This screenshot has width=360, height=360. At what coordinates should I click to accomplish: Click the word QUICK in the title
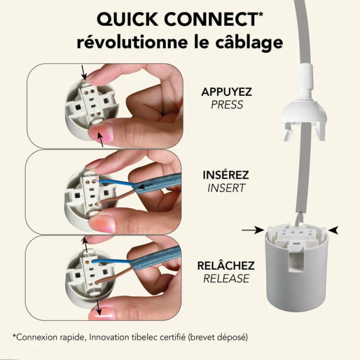tap(128, 20)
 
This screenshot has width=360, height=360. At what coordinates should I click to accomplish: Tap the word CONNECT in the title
tap(211, 19)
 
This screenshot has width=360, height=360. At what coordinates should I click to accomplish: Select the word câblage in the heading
tap(249, 43)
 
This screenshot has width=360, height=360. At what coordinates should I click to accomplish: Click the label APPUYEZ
tap(226, 92)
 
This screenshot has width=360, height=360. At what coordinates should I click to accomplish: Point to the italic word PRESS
tap(227, 105)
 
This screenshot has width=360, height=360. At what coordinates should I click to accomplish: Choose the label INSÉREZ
tap(226, 175)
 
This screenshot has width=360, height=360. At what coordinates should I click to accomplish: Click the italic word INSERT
tap(226, 188)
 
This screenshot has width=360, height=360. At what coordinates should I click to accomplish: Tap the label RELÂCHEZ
tap(226, 266)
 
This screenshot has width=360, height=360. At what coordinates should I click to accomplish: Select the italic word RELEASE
tap(226, 279)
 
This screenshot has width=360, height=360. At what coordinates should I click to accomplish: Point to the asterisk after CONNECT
tap(261, 14)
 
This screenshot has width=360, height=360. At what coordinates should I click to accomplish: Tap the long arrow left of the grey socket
tap(253, 230)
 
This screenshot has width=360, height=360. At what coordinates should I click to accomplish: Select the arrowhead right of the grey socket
tap(333, 230)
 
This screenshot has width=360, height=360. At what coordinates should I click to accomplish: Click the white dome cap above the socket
tap(304, 115)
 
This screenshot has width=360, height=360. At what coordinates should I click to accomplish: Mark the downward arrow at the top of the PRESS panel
tap(84, 72)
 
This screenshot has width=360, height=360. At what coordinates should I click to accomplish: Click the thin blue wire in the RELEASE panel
tap(111, 260)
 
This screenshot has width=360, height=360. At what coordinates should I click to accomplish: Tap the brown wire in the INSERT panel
tap(116, 197)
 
